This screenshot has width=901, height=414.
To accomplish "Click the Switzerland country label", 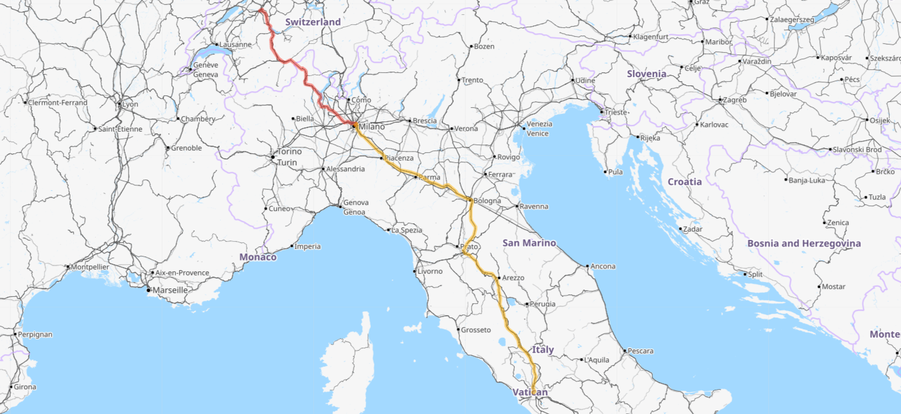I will [x=313, y=22].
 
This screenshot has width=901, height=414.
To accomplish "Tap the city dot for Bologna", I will [x=470, y=200].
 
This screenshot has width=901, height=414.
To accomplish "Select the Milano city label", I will [x=371, y=127].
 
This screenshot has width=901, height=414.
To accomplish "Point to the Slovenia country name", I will [x=646, y=74].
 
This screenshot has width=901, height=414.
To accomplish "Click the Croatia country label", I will [x=685, y=182].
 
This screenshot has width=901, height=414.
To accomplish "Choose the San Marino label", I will [x=529, y=243].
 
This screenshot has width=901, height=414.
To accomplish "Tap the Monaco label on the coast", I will [x=258, y=257].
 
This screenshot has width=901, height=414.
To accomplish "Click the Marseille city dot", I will [x=149, y=290].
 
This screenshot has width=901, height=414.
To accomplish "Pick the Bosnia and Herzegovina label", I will [x=804, y=243].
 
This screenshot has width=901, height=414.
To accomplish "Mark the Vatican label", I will [x=530, y=391].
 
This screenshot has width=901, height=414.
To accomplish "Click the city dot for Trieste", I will [x=601, y=112].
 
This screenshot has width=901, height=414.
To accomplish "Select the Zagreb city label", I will [x=735, y=100].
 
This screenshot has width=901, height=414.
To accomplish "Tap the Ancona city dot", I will [x=587, y=267].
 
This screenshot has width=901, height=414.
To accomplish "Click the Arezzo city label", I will [x=512, y=278].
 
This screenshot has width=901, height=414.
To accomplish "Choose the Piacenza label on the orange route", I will [x=399, y=158].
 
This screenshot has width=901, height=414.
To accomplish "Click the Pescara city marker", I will [x=624, y=351].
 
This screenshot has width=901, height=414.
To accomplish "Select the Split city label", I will [x=755, y=274].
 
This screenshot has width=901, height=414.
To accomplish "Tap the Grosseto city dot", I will [x=458, y=329].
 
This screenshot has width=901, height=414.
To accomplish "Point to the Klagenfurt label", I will [x=650, y=37].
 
